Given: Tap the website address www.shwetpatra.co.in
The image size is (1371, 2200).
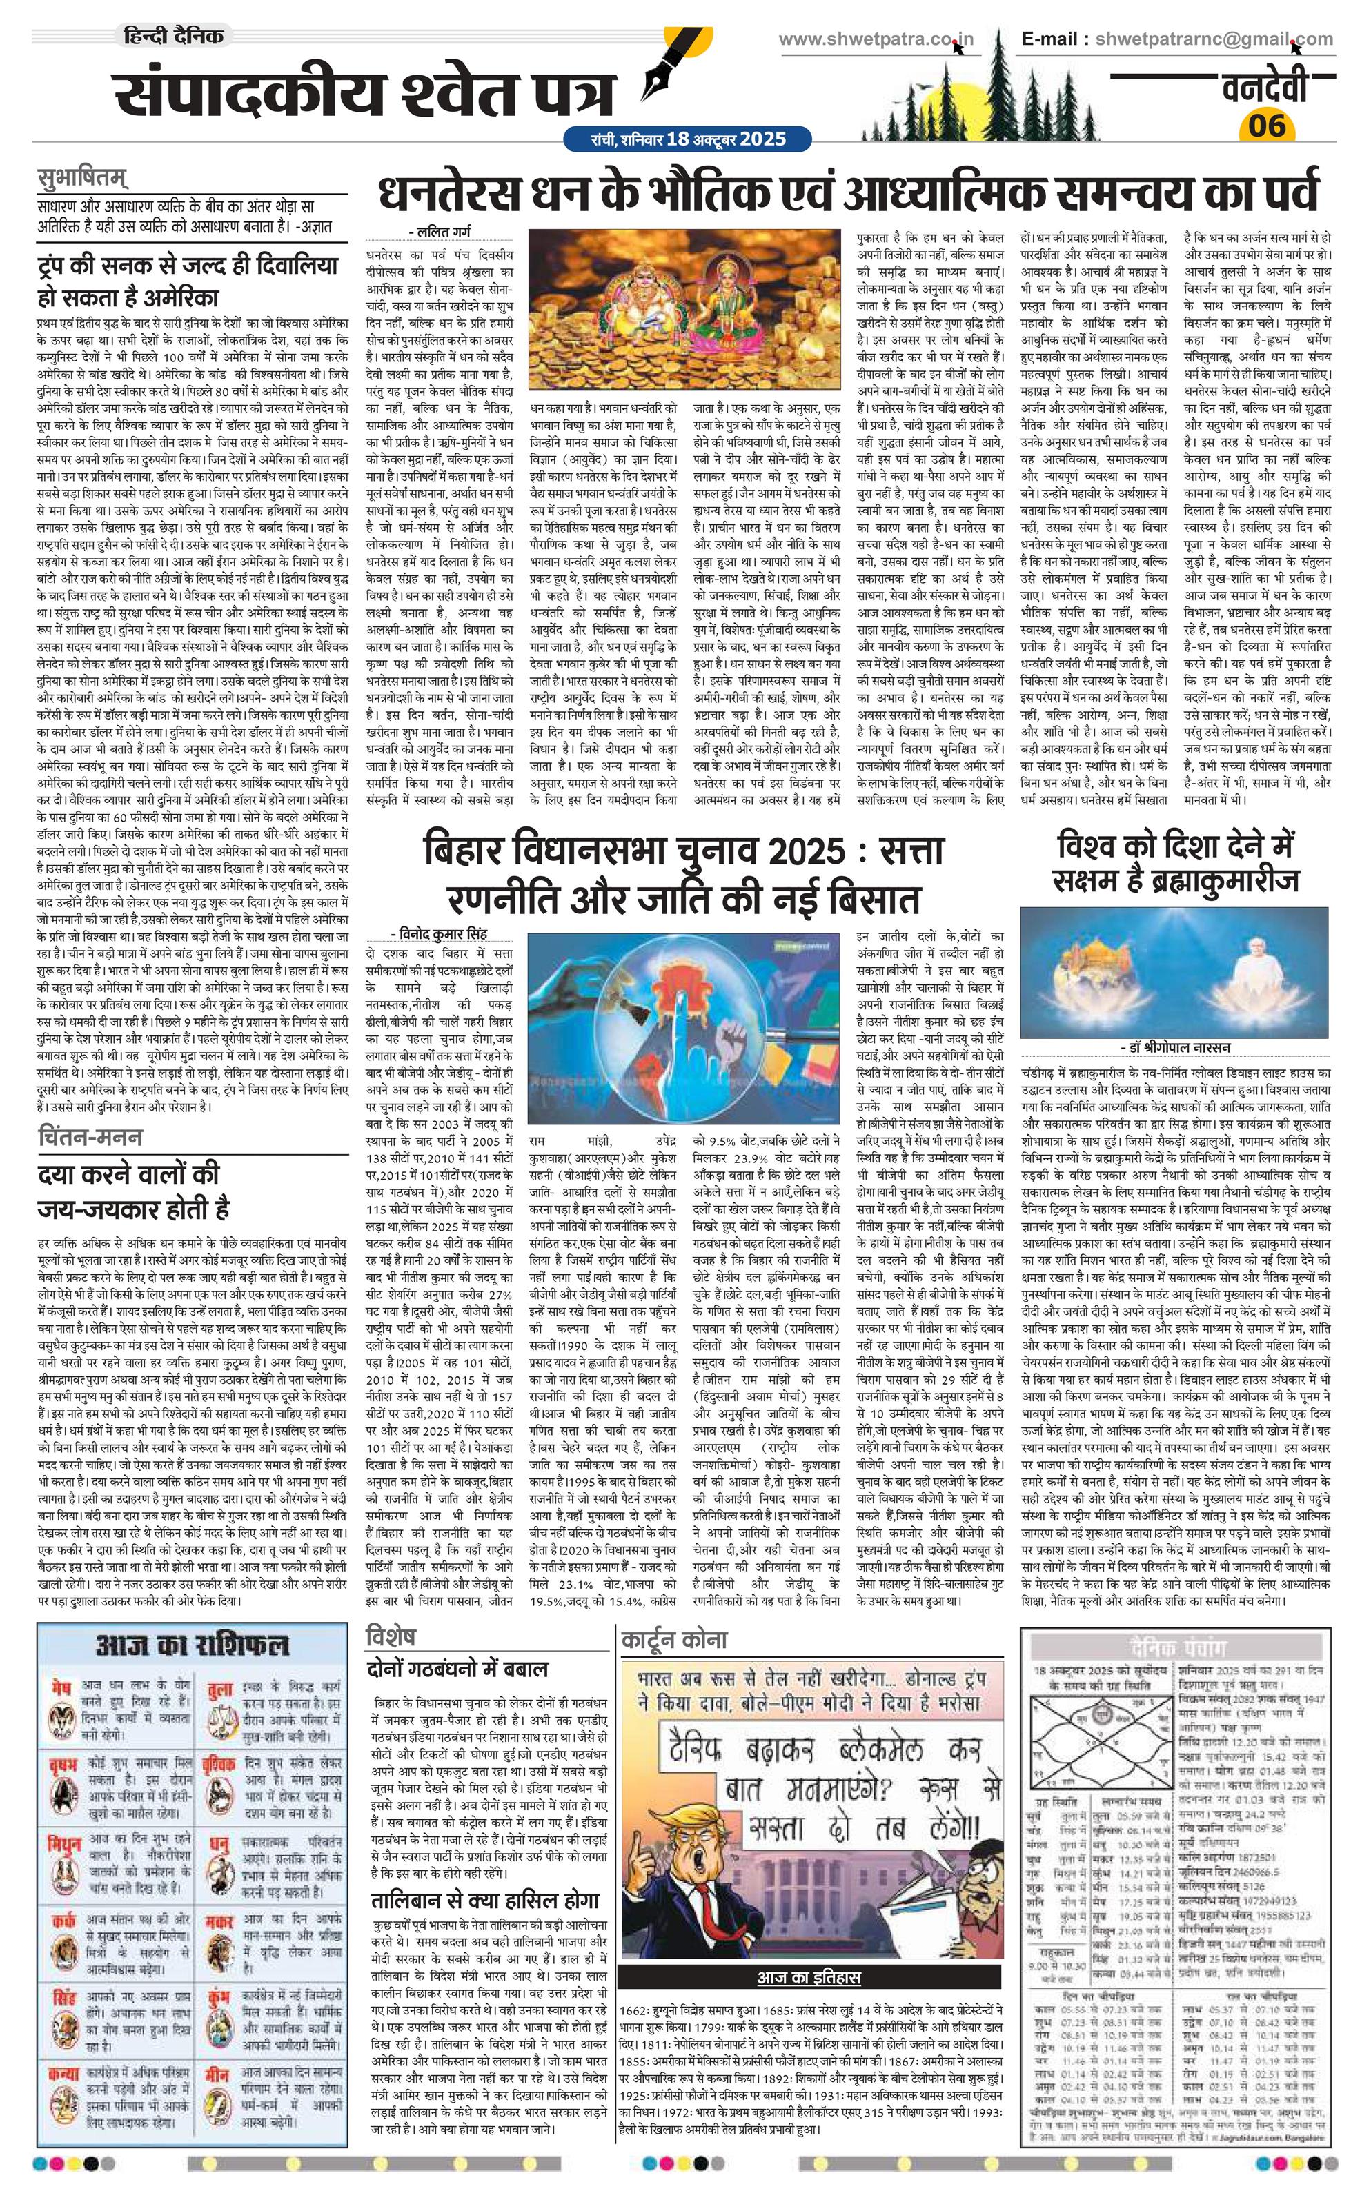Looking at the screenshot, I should click(x=877, y=39).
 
